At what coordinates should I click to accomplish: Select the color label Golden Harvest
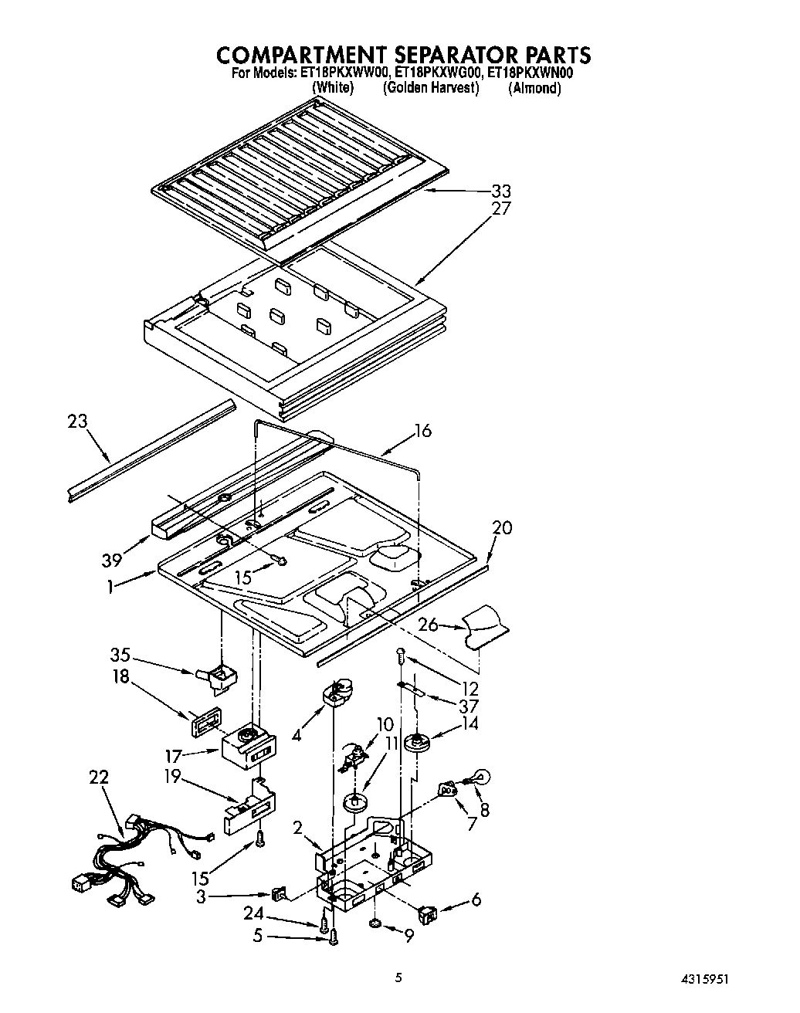click(431, 88)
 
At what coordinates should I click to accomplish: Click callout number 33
click(500, 191)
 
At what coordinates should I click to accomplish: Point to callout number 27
click(500, 208)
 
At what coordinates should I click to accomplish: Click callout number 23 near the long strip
click(77, 422)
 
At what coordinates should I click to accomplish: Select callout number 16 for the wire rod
click(422, 431)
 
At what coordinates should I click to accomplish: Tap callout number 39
click(112, 561)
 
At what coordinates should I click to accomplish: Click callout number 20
click(502, 528)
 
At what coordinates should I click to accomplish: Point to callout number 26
click(429, 624)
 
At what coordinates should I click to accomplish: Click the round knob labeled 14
click(422, 743)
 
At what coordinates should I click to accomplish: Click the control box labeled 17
click(246, 747)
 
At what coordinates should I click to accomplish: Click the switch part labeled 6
click(427, 916)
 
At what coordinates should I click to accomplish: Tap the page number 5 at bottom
click(398, 977)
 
